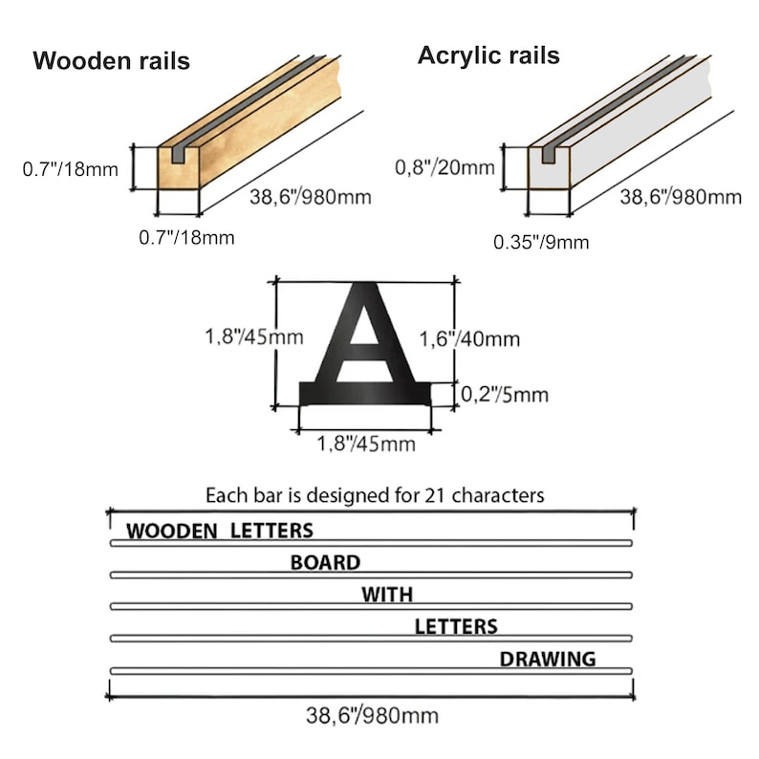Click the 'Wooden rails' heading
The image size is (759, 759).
click(111, 61)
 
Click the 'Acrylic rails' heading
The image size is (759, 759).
click(488, 55)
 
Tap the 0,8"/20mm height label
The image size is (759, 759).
click(445, 167)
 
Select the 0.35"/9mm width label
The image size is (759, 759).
click(541, 242)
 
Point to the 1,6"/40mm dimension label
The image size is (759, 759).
click(469, 338)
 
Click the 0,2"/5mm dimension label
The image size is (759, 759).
click(505, 395)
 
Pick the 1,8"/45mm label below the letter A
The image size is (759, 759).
click(366, 444)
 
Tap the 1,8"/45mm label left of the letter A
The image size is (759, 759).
click(254, 336)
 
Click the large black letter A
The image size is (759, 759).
click(364, 344)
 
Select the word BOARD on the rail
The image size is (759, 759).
click(325, 562)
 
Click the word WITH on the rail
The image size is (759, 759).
click(387, 595)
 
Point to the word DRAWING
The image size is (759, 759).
click(548, 659)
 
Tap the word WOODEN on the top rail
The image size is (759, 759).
click(172, 531)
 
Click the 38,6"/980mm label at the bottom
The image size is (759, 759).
click(372, 715)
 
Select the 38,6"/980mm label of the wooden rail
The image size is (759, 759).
click(311, 197)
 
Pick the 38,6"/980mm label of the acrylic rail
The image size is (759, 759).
click(681, 197)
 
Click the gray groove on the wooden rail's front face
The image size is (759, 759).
click(178, 155)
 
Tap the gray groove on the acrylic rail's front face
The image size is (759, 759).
click(549, 155)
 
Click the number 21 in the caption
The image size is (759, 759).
click(435, 495)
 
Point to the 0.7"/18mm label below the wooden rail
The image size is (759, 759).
click(186, 238)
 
